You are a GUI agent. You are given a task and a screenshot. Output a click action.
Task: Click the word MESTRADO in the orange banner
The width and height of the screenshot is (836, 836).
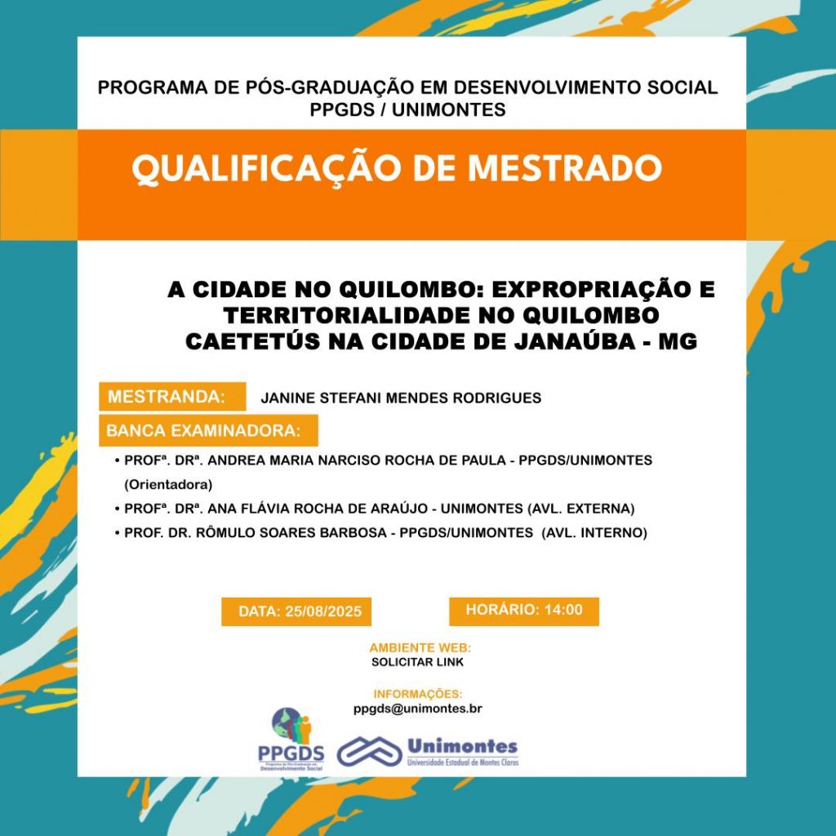[x=564, y=169]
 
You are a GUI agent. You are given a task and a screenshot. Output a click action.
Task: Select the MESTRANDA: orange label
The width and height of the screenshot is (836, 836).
[x=167, y=398]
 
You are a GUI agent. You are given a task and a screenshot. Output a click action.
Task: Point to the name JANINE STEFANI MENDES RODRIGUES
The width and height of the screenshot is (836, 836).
[x=401, y=398]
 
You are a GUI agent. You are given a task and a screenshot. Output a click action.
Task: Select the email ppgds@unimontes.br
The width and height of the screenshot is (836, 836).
[x=418, y=709]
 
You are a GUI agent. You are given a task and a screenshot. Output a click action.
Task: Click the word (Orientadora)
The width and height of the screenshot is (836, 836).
[x=168, y=484]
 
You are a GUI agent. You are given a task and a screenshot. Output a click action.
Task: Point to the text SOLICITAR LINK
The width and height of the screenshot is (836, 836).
[x=417, y=662]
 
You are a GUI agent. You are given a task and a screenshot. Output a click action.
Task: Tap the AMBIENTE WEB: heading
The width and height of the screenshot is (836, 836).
[x=420, y=647]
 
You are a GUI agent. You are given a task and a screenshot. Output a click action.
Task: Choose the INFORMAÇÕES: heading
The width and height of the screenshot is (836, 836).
[x=418, y=695]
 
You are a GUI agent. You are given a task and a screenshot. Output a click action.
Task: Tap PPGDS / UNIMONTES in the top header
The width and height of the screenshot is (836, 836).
[x=408, y=109]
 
